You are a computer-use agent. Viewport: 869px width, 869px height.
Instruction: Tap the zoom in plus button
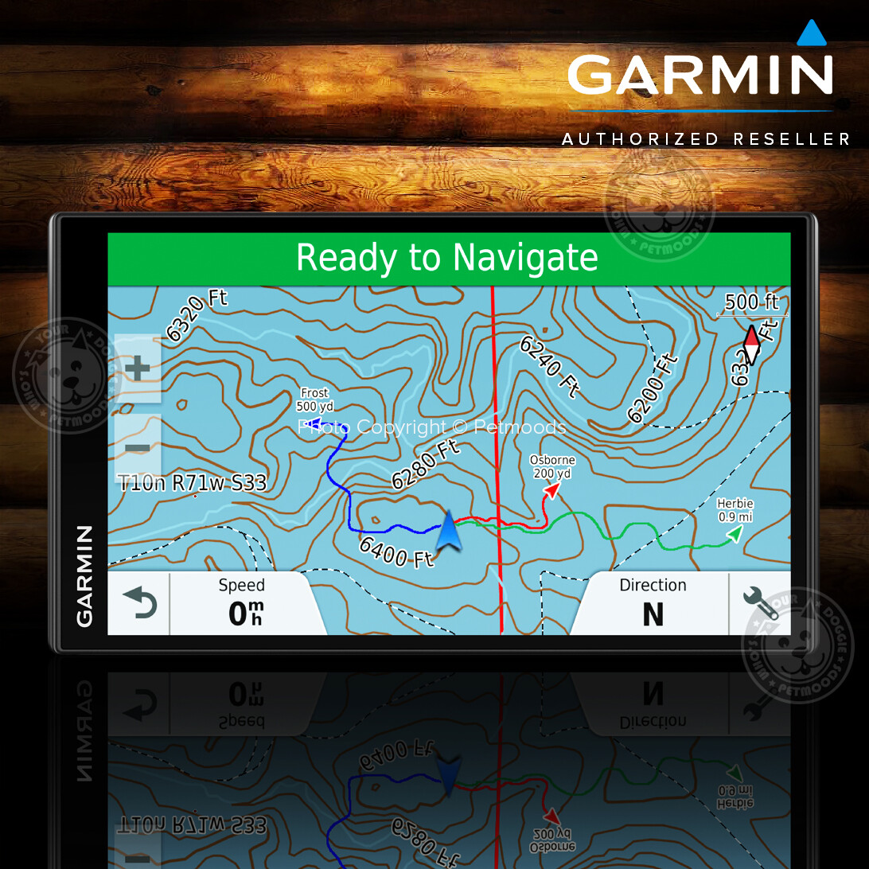tap(138, 368)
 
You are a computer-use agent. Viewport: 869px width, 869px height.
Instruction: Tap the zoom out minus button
tap(138, 448)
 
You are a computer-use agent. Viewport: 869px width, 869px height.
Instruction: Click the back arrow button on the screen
tap(138, 604)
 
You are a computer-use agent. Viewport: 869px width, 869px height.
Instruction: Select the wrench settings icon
tap(760, 604)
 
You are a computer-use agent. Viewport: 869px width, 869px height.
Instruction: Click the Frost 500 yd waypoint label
tap(314, 400)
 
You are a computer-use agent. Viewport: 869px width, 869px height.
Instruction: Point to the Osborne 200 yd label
tap(552, 467)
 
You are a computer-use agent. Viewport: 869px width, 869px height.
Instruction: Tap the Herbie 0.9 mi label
tap(735, 510)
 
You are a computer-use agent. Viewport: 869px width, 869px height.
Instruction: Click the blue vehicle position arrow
tap(448, 531)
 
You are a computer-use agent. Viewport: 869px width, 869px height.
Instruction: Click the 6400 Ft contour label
tap(396, 551)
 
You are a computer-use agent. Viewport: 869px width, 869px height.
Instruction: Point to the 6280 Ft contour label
tap(426, 464)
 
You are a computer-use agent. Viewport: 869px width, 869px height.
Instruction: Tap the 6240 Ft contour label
tap(548, 365)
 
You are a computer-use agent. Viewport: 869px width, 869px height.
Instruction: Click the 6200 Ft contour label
tap(653, 388)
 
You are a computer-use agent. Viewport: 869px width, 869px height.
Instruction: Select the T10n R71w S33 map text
tap(192, 483)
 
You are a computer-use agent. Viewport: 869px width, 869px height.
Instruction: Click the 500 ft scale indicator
tap(751, 303)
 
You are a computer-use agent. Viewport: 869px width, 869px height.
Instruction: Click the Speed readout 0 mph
tap(242, 604)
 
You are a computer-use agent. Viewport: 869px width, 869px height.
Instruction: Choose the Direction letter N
tap(653, 614)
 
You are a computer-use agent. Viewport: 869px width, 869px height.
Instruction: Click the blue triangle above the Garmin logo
tap(812, 33)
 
